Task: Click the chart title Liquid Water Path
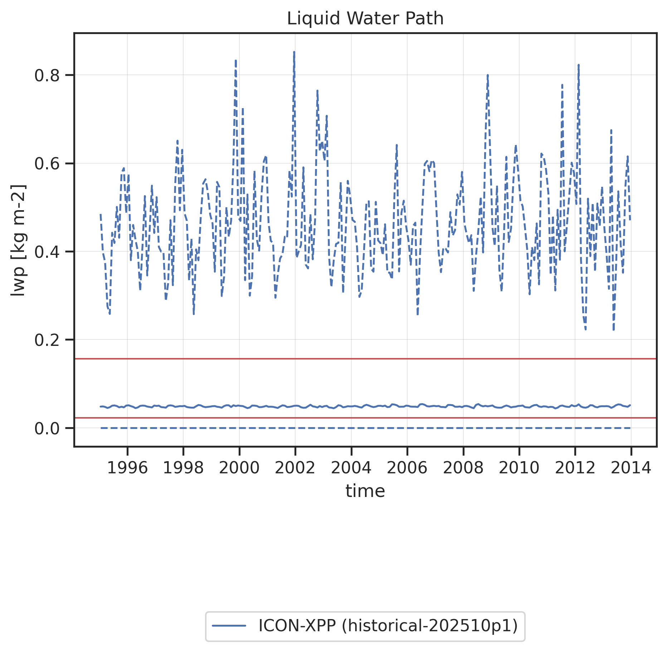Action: (365, 19)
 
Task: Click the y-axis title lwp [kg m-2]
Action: (18, 240)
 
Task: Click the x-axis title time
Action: (365, 491)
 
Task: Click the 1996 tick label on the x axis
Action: (127, 468)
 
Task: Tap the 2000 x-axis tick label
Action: (239, 468)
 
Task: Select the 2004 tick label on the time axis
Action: (351, 468)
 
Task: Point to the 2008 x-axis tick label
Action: (463, 468)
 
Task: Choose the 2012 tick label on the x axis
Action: (575, 468)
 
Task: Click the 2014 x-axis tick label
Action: (631, 468)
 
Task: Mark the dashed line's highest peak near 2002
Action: (294, 52)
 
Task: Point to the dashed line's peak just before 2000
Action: (235, 61)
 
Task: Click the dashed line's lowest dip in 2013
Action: (613, 329)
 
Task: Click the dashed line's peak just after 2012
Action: (579, 65)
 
